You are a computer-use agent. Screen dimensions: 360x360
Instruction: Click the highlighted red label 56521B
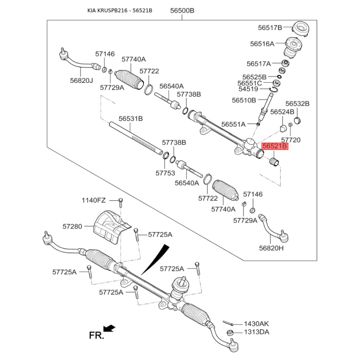point(274,146)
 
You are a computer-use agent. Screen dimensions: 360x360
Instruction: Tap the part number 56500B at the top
point(182,10)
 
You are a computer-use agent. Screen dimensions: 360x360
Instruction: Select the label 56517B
point(270,27)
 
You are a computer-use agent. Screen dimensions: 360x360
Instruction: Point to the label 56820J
point(81,81)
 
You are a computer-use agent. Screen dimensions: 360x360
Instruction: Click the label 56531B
point(130,119)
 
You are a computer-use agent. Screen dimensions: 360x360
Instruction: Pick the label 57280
point(72,226)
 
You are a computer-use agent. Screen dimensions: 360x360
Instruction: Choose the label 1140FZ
point(94,200)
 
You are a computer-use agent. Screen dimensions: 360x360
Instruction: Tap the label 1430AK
point(256,324)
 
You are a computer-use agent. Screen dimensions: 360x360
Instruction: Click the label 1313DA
point(256,332)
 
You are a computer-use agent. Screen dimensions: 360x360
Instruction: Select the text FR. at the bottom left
point(96,335)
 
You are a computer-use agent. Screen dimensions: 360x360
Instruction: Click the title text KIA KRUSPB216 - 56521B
point(120,10)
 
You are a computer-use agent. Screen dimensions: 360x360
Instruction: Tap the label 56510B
point(244,100)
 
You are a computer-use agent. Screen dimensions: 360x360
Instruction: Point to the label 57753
point(165,172)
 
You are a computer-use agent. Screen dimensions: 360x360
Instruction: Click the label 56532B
point(297,103)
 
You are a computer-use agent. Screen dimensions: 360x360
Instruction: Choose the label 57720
point(291,140)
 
